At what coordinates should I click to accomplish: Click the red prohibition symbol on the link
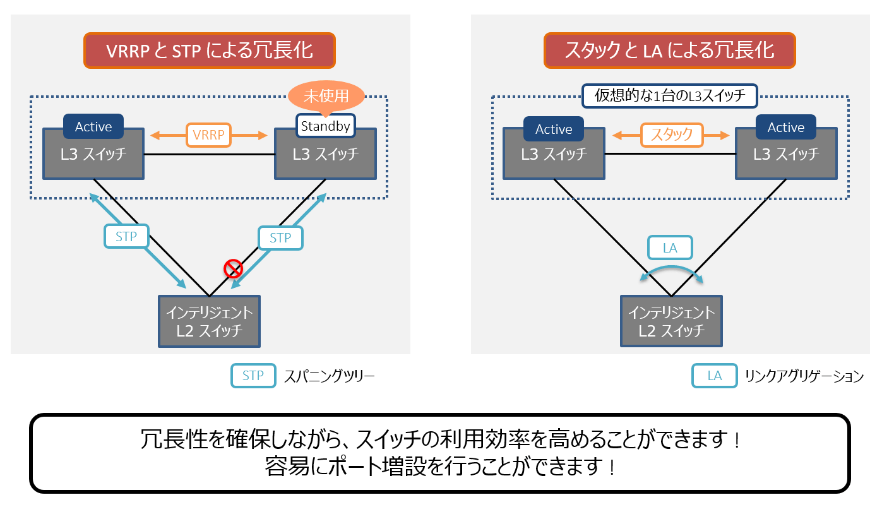(x=234, y=270)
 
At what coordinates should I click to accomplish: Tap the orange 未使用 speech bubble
(x=326, y=97)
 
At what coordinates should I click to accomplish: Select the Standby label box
(x=325, y=126)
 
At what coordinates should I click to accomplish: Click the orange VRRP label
(x=208, y=134)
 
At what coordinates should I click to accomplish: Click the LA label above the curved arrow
(x=670, y=248)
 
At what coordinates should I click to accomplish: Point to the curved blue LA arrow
(x=670, y=270)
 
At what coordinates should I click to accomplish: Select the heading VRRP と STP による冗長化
(x=209, y=51)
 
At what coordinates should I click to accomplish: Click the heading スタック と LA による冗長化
(x=669, y=51)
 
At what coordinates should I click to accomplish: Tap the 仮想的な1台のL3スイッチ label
(x=670, y=97)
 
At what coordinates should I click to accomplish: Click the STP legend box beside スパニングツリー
(x=253, y=376)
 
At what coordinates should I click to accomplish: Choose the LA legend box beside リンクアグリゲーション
(x=714, y=376)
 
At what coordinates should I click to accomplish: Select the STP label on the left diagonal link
(x=126, y=237)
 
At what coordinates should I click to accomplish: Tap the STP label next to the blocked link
(x=280, y=238)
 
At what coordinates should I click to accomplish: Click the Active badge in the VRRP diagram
(x=93, y=126)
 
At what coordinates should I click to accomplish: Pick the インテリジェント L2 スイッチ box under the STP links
(x=209, y=322)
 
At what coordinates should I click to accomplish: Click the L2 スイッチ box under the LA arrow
(x=671, y=321)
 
